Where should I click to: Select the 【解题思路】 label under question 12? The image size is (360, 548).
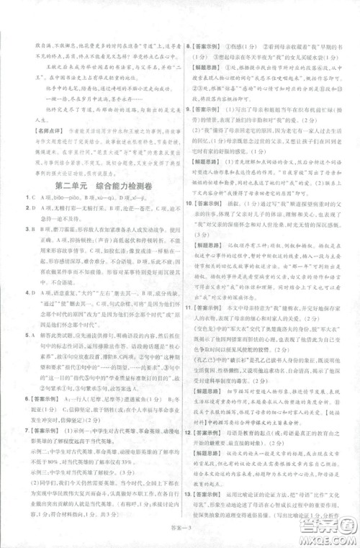click(212, 485)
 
